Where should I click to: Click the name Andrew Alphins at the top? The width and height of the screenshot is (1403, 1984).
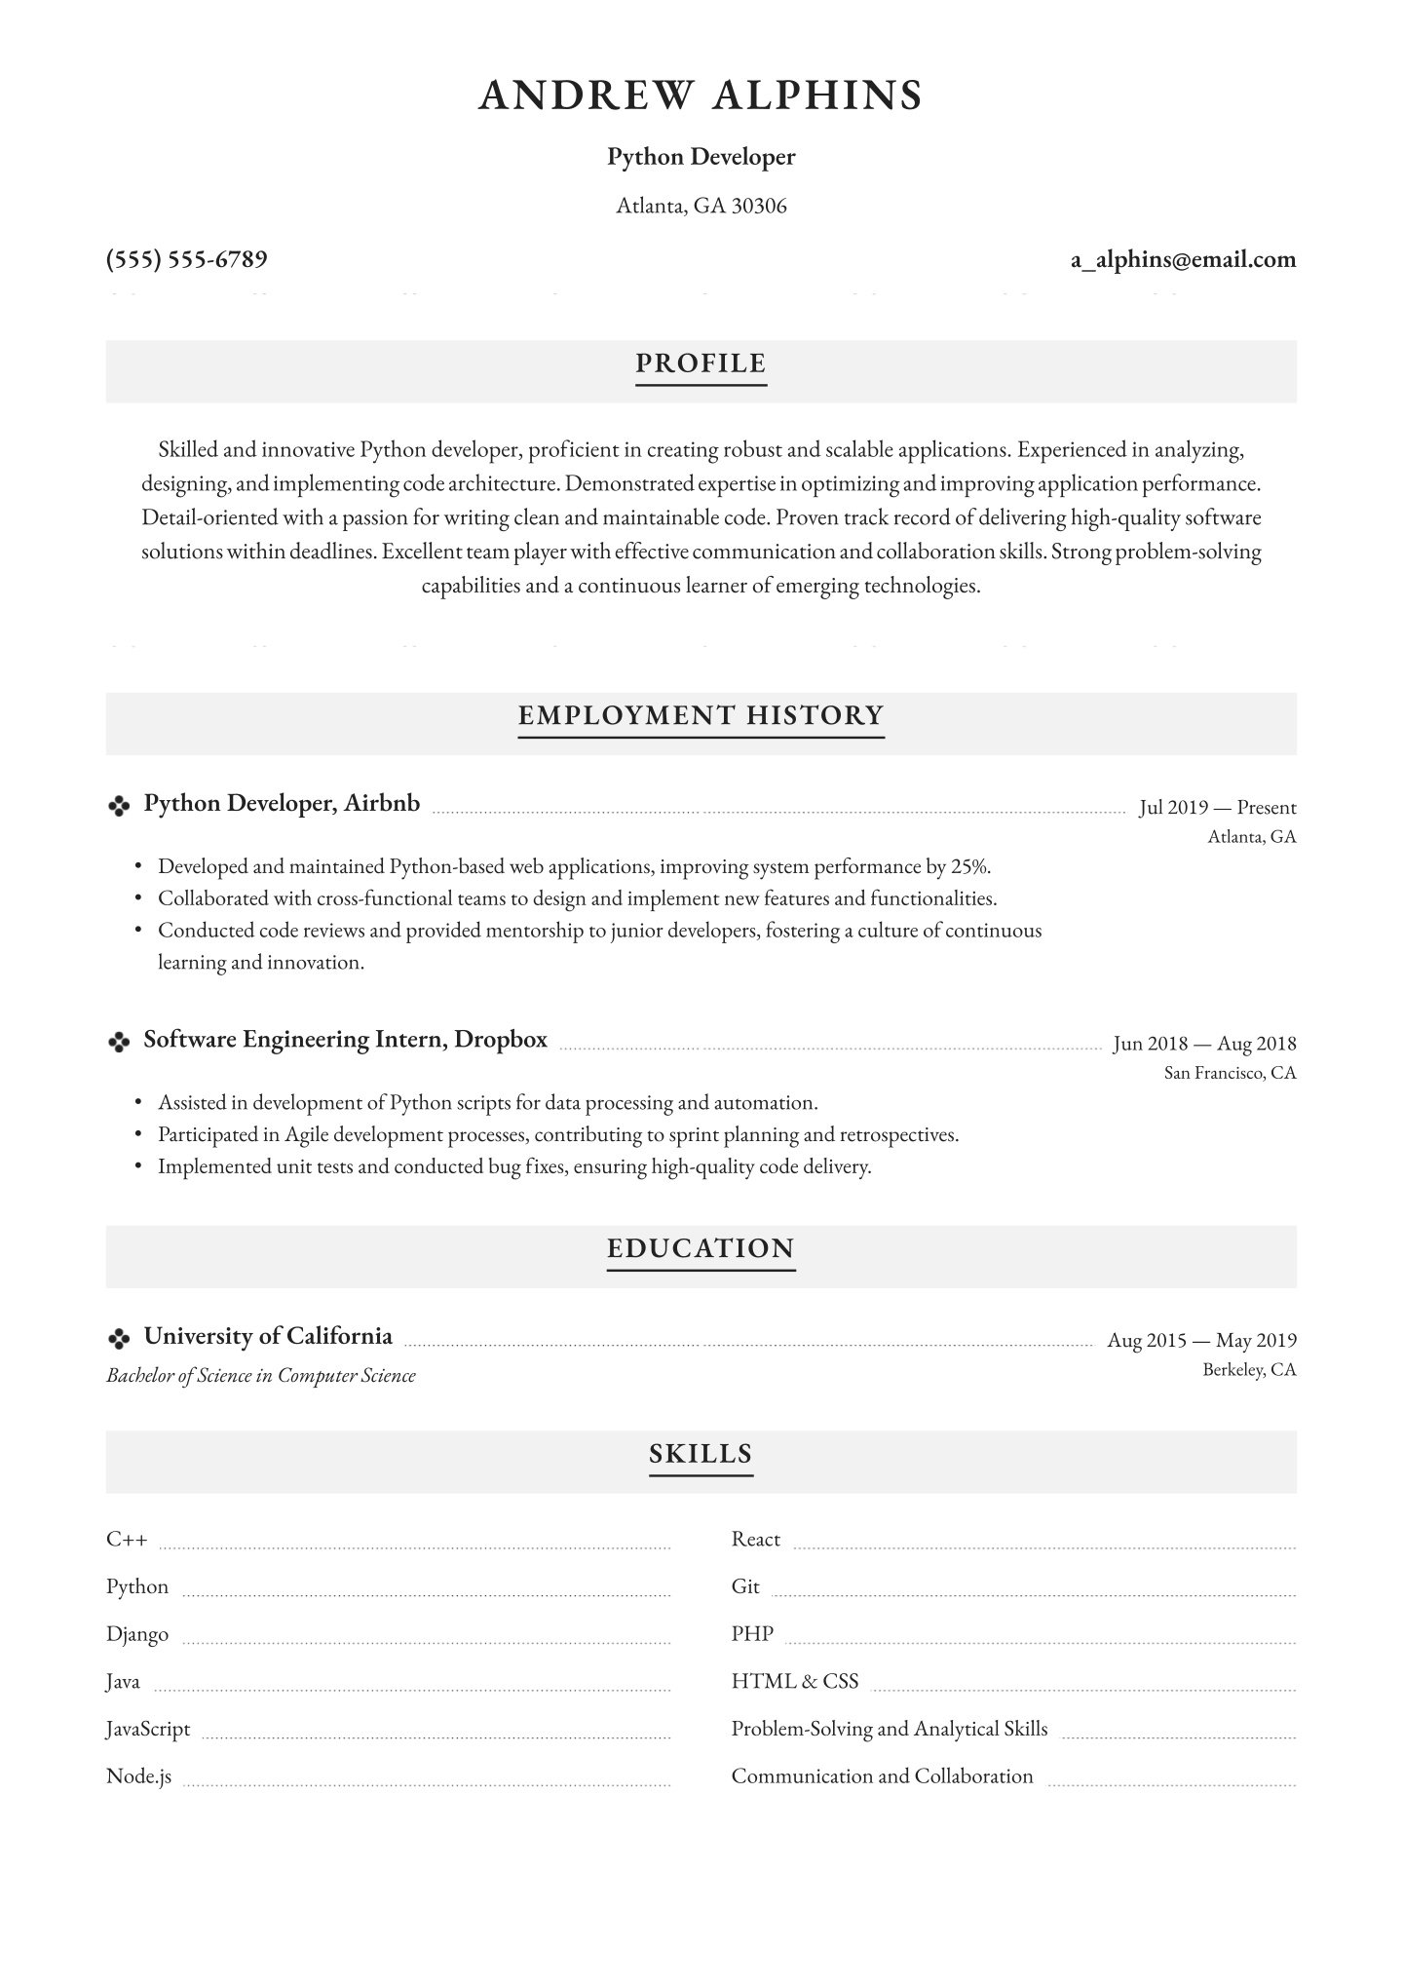click(701, 95)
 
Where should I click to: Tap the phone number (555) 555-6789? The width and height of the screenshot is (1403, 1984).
click(186, 259)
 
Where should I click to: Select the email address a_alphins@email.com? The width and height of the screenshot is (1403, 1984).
click(1183, 259)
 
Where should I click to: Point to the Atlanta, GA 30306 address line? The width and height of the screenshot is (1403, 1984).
click(701, 206)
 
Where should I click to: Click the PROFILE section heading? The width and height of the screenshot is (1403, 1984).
click(701, 363)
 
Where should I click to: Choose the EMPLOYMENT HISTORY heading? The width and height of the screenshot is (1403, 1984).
click(701, 715)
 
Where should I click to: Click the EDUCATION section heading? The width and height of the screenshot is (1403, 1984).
click(701, 1248)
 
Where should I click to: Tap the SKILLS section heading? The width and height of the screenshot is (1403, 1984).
click(701, 1454)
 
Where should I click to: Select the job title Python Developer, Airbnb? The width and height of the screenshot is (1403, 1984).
click(282, 803)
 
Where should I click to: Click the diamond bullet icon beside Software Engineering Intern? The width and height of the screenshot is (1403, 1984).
click(118, 1043)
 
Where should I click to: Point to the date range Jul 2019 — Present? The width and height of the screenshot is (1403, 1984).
click(1217, 808)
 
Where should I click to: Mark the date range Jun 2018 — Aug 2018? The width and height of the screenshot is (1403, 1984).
click(1204, 1044)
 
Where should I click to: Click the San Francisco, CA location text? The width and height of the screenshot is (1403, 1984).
click(1230, 1073)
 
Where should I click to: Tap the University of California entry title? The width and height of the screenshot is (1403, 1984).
click(268, 1336)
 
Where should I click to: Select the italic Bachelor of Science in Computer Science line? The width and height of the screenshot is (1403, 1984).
click(260, 1376)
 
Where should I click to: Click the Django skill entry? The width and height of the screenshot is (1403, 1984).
click(137, 1634)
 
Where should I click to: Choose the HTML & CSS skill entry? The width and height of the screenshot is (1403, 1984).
click(795, 1681)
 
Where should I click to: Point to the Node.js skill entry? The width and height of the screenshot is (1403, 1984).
click(138, 1776)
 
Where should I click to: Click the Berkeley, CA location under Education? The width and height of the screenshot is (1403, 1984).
click(1249, 1369)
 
